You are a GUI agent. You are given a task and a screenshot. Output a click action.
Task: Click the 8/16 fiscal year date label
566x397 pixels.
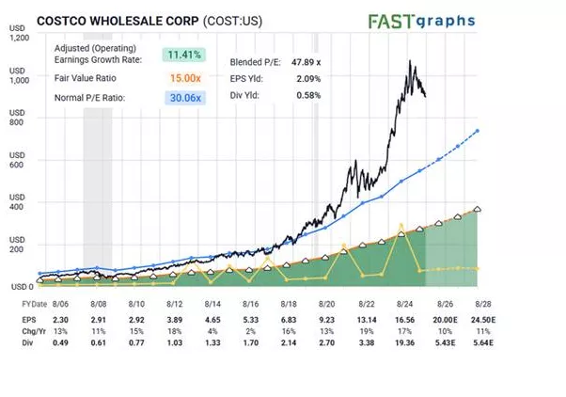pyautogui.click(x=250, y=306)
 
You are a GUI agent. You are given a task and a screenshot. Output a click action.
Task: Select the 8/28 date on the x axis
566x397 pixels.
pyautogui.click(x=482, y=306)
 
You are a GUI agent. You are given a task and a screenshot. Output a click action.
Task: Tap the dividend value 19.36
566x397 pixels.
pyautogui.click(x=405, y=343)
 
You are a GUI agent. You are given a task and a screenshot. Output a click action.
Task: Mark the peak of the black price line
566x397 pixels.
pyautogui.click(x=410, y=62)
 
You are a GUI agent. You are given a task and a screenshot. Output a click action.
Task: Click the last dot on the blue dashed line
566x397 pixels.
pyautogui.click(x=479, y=131)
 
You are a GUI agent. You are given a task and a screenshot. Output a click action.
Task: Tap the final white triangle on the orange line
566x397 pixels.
pyautogui.click(x=479, y=209)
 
